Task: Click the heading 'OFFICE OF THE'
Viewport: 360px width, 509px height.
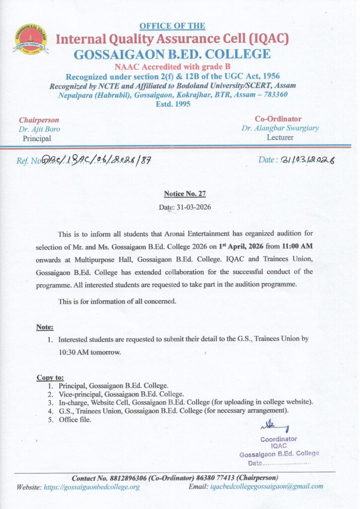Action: (x=172, y=26)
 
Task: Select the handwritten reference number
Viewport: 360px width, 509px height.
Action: (x=96, y=160)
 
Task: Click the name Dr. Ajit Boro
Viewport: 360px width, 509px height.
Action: (x=39, y=129)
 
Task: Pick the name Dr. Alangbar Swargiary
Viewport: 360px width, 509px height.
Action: (x=280, y=128)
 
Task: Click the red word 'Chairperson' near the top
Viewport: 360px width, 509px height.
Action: (x=39, y=120)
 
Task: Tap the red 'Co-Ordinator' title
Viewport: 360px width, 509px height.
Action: (x=278, y=119)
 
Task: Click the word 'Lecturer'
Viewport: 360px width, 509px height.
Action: (x=280, y=137)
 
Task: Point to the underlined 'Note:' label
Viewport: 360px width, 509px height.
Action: (x=45, y=327)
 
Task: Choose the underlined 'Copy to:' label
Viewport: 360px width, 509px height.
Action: (x=50, y=378)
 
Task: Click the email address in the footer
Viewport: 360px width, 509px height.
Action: (x=267, y=486)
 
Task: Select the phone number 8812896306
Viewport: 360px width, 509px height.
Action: (x=130, y=478)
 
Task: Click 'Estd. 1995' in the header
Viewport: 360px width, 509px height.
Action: (x=172, y=104)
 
